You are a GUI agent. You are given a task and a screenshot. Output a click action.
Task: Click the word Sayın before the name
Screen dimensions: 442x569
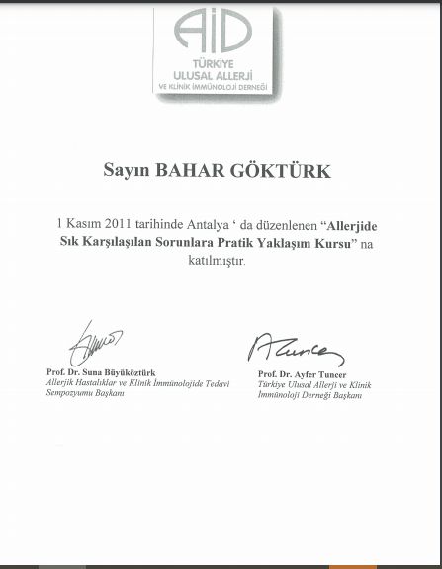pos(126,172)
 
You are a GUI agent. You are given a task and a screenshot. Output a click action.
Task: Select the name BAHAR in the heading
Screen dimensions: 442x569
pos(187,172)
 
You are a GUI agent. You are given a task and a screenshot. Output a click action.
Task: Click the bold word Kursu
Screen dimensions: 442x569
pos(334,243)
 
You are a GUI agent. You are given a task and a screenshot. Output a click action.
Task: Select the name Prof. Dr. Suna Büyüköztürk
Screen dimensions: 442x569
pos(101,372)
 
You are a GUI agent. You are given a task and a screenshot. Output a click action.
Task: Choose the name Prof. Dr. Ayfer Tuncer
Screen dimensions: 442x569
pos(303,375)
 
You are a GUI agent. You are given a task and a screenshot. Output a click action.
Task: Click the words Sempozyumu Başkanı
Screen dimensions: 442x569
pos(85,392)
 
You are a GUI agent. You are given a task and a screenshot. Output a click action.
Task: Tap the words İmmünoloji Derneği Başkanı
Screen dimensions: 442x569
pos(309,395)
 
